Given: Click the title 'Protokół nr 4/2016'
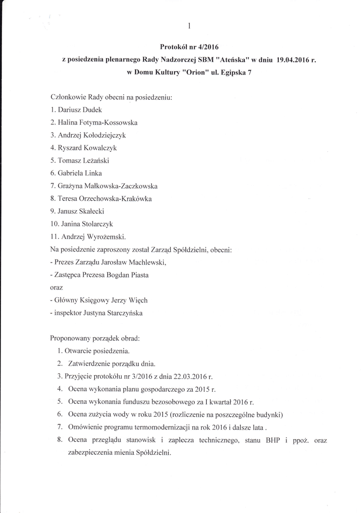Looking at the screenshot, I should [x=189, y=47].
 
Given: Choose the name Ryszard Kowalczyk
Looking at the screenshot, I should [x=88, y=148].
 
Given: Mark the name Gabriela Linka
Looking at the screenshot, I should [x=82, y=173].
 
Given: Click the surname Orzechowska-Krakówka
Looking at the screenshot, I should [x=117, y=199].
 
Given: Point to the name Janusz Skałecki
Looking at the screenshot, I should [x=82, y=211].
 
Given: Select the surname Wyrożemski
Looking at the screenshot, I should [x=109, y=237].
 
